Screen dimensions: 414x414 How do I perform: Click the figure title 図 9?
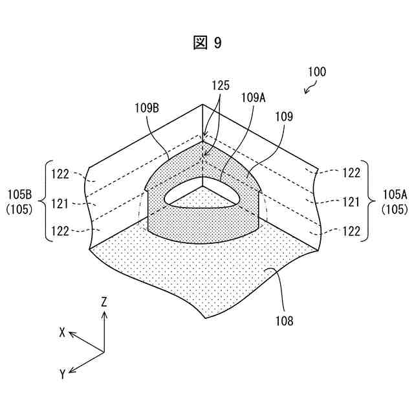[x=207, y=43]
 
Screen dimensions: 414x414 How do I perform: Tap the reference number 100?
[x=316, y=72]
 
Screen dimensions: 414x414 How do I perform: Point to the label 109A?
[x=254, y=98]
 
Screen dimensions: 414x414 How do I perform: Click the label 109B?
[x=147, y=109]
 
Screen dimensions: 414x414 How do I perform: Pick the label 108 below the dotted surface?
[x=283, y=320]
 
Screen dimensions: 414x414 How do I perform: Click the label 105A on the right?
[x=394, y=194]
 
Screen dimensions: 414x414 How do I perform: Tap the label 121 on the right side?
[x=351, y=202]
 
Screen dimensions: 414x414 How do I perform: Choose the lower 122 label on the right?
[x=351, y=231]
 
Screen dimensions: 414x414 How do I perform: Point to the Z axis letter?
[x=104, y=301]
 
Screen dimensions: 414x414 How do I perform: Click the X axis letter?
[x=62, y=332]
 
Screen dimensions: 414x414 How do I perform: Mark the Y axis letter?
[x=62, y=374]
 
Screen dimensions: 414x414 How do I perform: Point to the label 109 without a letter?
[x=283, y=117]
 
